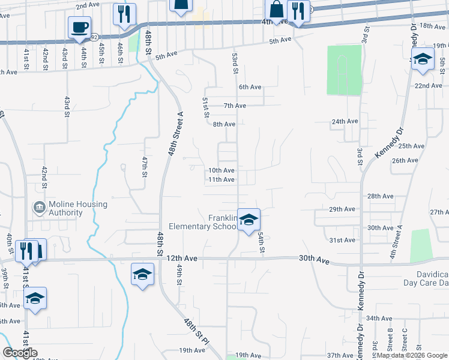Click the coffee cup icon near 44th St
click(x=80, y=27)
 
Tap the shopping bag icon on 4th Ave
click(x=276, y=10)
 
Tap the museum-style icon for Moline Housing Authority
click(x=39, y=208)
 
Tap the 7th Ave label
click(x=235, y=106)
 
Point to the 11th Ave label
click(x=221, y=179)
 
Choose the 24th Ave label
click(x=345, y=121)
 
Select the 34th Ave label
click(x=379, y=318)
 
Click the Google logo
click(x=20, y=353)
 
